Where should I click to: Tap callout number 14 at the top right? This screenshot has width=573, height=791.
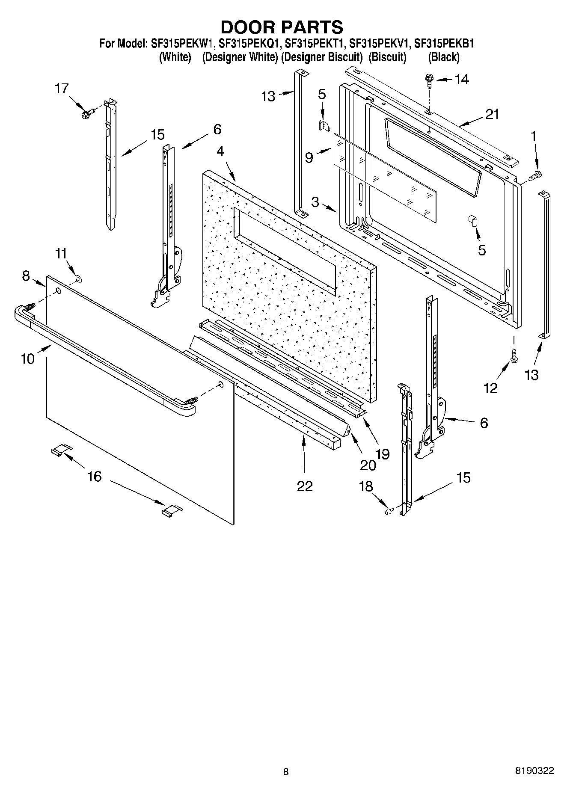[461, 79]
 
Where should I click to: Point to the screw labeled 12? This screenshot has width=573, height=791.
[514, 356]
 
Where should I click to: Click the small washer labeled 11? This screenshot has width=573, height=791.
[78, 279]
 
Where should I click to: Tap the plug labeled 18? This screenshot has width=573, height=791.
[389, 510]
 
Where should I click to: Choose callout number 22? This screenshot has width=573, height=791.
[305, 486]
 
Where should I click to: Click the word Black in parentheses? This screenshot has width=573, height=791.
[444, 57]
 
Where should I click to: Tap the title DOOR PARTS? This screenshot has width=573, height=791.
[282, 27]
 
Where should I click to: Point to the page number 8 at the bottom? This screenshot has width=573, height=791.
[285, 772]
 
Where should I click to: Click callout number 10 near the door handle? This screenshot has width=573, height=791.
[27, 358]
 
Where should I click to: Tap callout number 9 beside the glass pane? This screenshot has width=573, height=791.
[309, 158]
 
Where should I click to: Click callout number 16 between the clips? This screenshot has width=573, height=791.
[95, 476]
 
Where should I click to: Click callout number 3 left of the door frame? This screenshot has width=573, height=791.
[315, 201]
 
